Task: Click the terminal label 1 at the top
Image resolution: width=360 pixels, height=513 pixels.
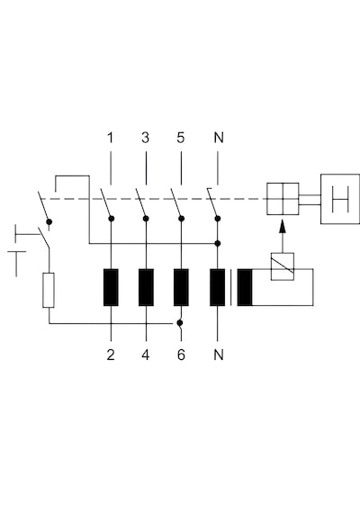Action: click(x=111, y=138)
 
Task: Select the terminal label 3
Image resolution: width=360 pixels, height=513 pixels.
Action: click(x=146, y=138)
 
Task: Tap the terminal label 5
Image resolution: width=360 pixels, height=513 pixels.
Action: click(x=181, y=138)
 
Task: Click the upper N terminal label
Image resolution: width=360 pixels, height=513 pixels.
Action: click(x=219, y=138)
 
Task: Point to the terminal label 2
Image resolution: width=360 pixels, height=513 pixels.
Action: click(x=111, y=355)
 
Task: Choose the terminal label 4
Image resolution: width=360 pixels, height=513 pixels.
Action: click(x=146, y=355)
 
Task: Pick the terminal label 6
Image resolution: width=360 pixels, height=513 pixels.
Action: click(x=181, y=355)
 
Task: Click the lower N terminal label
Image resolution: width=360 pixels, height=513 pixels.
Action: click(x=219, y=355)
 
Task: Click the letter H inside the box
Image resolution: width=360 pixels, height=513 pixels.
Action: click(x=340, y=199)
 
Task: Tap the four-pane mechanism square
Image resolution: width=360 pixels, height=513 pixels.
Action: click(x=283, y=199)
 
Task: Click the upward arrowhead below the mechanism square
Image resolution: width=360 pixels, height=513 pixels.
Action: click(x=283, y=227)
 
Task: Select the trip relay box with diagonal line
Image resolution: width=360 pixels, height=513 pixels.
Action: click(x=283, y=266)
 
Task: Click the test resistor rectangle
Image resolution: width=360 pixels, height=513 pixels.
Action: click(x=49, y=290)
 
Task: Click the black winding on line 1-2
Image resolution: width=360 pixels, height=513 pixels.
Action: click(x=111, y=287)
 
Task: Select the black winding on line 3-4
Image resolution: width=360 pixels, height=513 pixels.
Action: click(x=146, y=287)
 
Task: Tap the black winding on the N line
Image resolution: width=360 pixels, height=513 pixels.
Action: click(x=217, y=287)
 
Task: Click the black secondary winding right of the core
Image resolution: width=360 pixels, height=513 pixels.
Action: click(x=245, y=287)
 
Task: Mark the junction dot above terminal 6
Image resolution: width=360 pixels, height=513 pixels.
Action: click(x=179, y=323)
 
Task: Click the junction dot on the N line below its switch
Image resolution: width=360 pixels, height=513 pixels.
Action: click(x=217, y=243)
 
